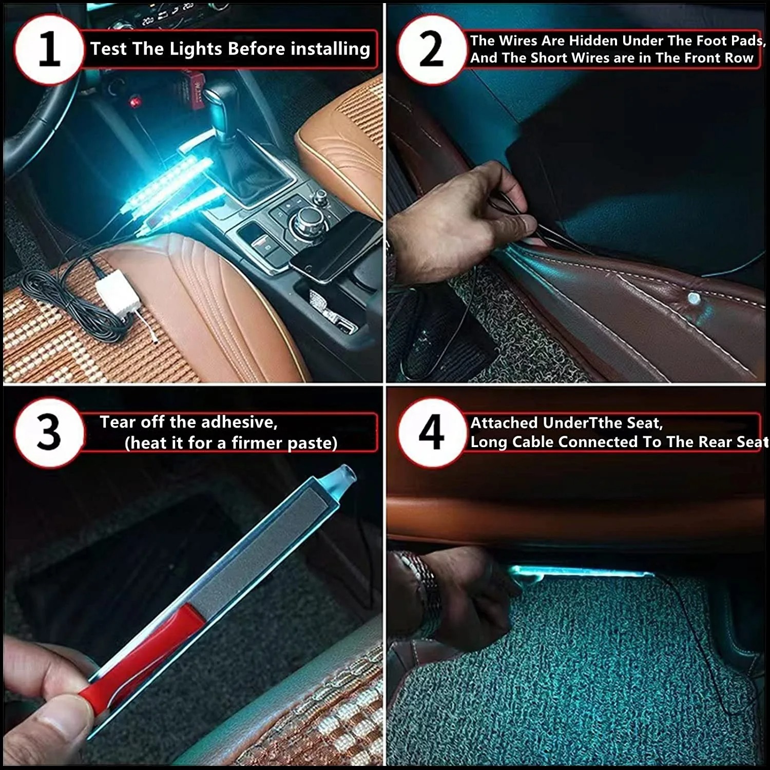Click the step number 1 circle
coord(49,50)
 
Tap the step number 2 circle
coord(431,50)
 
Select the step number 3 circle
coord(49,432)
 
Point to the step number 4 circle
coord(431,432)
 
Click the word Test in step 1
coord(108,49)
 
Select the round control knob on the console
coord(304,221)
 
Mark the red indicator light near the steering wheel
coord(136,102)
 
